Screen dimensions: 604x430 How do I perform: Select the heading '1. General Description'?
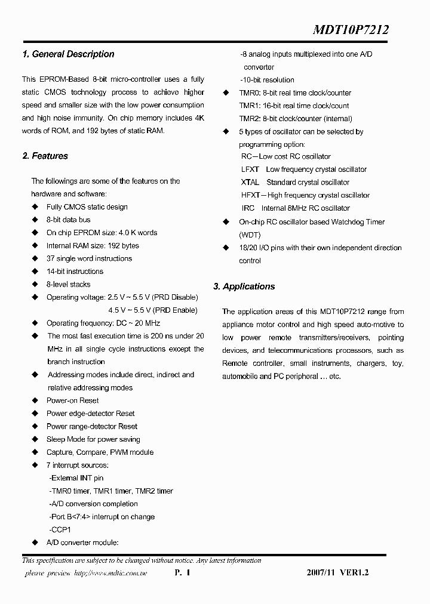pyautogui.click(x=68, y=54)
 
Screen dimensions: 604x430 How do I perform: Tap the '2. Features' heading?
pyautogui.click(x=45, y=156)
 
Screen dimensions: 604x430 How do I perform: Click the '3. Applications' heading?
pyautogui.click(x=244, y=287)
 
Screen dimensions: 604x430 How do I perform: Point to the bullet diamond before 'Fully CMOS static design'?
pyautogui.click(x=34, y=207)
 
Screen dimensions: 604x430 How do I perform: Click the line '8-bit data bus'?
pyautogui.click(x=69, y=220)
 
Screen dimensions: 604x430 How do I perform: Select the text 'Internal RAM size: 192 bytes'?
pyautogui.click(x=93, y=246)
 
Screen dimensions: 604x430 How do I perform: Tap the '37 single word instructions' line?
pyautogui.click(x=89, y=259)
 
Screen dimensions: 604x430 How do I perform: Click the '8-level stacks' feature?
pyautogui.click(x=69, y=285)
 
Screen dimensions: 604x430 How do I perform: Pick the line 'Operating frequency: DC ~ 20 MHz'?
pyautogui.click(x=103, y=323)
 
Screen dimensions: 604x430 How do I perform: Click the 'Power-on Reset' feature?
pyautogui.click(x=73, y=401)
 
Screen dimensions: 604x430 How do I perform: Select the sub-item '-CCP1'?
pyautogui.click(x=60, y=530)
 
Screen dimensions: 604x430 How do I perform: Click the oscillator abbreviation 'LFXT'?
pyautogui.click(x=250, y=170)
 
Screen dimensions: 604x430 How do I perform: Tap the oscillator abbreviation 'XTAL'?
pyautogui.click(x=250, y=183)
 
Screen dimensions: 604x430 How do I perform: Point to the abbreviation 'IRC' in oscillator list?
pyautogui.click(x=248, y=208)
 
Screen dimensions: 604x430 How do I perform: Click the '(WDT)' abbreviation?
pyautogui.click(x=250, y=235)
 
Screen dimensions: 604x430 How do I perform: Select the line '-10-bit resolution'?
pyautogui.click(x=267, y=80)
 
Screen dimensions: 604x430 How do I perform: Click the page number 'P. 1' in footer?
pyautogui.click(x=182, y=573)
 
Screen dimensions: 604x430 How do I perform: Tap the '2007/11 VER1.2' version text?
pyautogui.click(x=338, y=573)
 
